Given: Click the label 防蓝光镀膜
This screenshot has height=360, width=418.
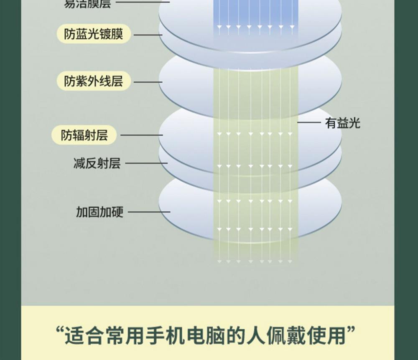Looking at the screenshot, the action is pos(94,34).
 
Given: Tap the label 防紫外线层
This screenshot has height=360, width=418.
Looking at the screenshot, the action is pos(94,81).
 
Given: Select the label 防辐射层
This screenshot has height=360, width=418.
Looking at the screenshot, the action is pos(84,135).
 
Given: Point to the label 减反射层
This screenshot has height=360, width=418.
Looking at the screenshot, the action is pos(97,163).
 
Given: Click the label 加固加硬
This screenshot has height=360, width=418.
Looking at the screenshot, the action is pos(99,212).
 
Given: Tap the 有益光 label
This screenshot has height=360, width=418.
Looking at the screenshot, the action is pos(342,123).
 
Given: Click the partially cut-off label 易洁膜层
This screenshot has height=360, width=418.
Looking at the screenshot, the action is pos(87,4).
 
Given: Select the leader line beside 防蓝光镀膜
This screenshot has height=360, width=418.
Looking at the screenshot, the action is pos(148,35).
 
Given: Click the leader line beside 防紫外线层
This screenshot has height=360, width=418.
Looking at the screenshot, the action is pos(148,82).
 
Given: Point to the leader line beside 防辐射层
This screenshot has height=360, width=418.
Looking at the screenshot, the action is pos(141,135).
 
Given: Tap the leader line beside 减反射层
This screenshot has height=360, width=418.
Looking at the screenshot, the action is pos(146,163).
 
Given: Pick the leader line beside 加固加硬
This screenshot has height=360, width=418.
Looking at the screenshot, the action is pos(149,212).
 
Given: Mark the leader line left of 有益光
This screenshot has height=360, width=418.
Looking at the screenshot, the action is pos(309,123).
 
